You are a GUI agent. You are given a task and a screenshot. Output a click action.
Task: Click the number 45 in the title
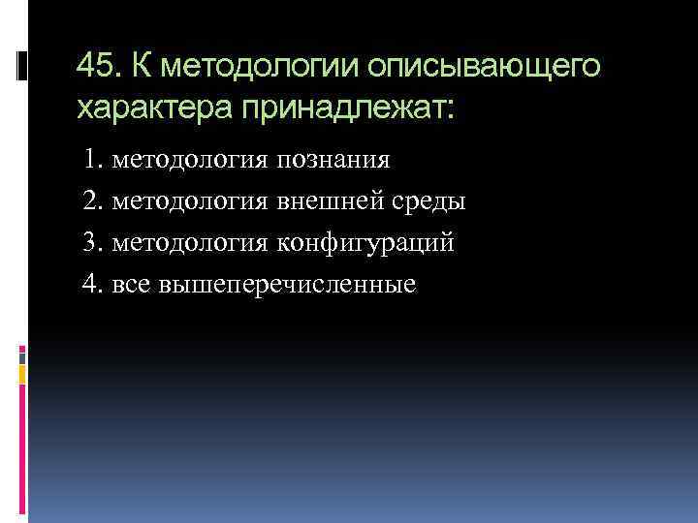(95, 67)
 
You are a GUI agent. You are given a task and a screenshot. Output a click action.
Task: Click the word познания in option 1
(333, 159)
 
